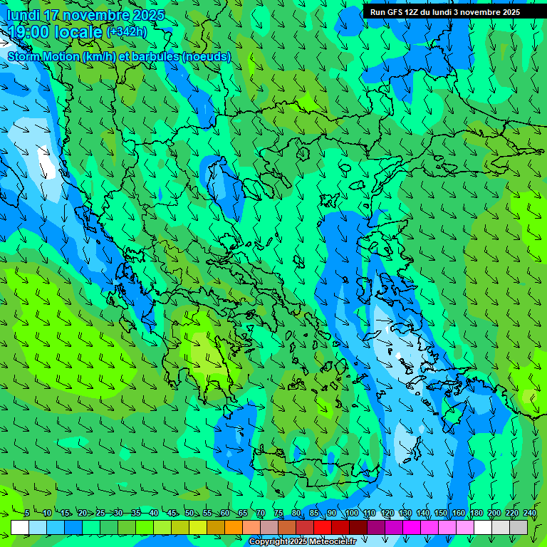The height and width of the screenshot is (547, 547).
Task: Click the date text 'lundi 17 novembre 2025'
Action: pyautogui.click(x=85, y=15)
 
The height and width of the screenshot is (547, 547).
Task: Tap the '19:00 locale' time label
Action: pyautogui.click(x=56, y=32)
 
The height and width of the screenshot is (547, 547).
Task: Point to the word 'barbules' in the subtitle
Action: pyautogui.click(x=157, y=56)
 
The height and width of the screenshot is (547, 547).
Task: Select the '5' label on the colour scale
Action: pyautogui.click(x=26, y=513)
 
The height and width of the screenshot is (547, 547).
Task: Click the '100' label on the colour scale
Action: pyautogui.click(x=351, y=513)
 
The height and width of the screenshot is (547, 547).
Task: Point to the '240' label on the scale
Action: pyautogui.click(x=529, y=513)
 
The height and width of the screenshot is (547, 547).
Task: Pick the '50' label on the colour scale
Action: pyautogui.click(x=189, y=513)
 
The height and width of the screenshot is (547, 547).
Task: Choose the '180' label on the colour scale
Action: pyautogui.click(x=476, y=513)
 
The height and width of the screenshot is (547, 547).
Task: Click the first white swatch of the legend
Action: pyautogui.click(x=20, y=527)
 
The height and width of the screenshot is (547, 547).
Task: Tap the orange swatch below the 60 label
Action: pyautogui.click(x=234, y=527)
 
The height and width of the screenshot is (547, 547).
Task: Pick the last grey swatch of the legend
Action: pyautogui.click(x=519, y=527)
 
